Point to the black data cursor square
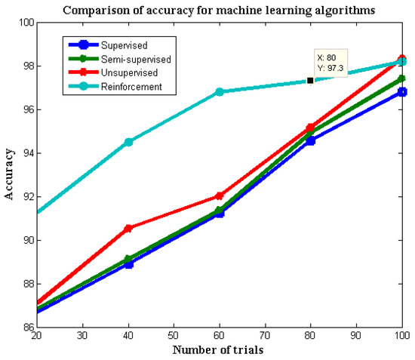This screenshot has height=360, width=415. pos(310,80)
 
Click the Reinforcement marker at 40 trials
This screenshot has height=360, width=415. pos(128,142)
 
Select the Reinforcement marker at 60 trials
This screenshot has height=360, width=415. pos(220,92)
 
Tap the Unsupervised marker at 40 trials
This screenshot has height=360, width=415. pos(128,228)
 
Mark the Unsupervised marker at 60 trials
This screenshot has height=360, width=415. pos(220,195)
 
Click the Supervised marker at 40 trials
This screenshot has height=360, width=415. pos(128,263)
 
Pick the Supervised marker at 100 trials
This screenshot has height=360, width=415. pos(402,92)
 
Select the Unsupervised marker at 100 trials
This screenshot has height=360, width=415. pos(402,59)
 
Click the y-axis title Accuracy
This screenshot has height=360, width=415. pos(9,175)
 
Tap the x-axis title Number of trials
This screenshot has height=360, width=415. pos(219,349)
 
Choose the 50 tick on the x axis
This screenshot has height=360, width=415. pos(174,334)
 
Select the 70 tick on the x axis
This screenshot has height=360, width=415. pos(265,334)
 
